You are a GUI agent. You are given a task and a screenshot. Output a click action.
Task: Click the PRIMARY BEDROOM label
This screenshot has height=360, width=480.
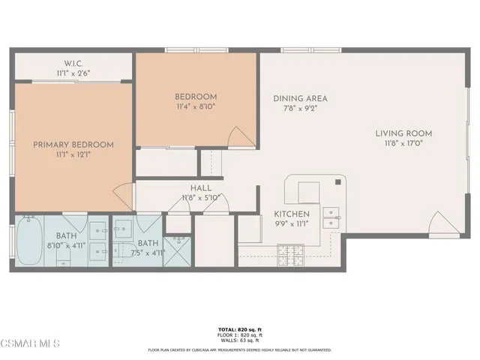click(x=73, y=145)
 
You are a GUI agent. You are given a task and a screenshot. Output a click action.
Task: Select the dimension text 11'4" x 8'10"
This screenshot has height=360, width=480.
click(x=196, y=107)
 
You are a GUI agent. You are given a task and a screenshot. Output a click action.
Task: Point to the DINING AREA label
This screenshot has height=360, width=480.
click(x=299, y=98)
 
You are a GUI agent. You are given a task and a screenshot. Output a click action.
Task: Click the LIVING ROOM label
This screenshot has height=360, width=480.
click(x=403, y=134)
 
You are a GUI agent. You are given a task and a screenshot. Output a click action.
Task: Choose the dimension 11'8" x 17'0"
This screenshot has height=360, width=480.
click(x=403, y=145)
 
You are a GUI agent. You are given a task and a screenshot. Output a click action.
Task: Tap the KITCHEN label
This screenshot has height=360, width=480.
click(x=291, y=213)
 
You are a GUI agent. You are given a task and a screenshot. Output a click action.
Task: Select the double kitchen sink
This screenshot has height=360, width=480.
click(x=331, y=217)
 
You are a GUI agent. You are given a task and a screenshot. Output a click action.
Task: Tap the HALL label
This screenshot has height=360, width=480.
click(x=201, y=188)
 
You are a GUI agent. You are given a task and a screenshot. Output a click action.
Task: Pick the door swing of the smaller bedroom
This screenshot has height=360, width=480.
click(x=241, y=137)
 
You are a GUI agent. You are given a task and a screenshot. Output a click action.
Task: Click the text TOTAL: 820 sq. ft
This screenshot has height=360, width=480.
click(x=239, y=329)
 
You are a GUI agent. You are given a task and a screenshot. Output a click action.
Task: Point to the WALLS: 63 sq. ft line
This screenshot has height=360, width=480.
click(x=239, y=341)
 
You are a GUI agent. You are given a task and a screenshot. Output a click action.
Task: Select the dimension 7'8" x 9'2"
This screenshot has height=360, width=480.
click(x=299, y=109)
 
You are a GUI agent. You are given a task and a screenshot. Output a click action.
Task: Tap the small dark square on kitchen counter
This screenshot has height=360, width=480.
click(x=340, y=181)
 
